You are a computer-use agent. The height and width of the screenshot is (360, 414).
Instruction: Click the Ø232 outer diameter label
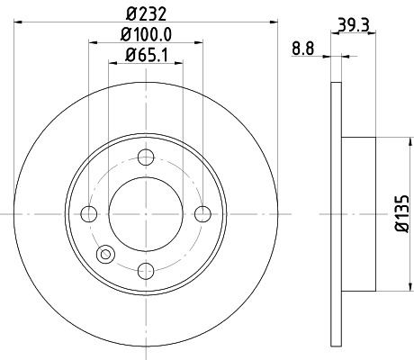coord(146,13)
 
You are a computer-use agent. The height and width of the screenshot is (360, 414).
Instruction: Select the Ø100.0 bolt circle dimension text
coord(146,35)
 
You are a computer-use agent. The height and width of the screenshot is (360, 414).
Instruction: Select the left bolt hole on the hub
coord(89,214)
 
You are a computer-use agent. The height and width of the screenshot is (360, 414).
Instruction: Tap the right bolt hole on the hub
coord(202,214)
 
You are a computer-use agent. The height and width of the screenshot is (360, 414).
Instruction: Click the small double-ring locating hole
coord(106,255)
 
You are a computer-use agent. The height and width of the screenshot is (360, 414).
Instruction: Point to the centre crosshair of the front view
coord(146,214)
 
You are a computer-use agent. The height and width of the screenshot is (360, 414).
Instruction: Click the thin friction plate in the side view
coord(337,213)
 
